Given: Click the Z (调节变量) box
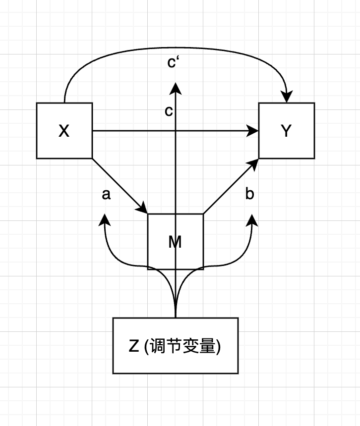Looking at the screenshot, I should tap(176, 346).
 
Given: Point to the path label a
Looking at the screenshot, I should tap(106, 195).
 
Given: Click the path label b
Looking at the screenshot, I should tap(249, 194).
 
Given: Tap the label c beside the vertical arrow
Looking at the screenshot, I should tap(169, 111).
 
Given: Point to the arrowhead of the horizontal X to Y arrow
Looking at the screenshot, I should tap(254, 131).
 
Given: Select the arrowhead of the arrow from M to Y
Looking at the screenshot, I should tap(254, 163).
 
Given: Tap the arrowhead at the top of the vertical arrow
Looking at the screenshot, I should tap(176, 88).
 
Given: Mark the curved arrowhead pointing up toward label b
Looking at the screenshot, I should tap(252, 219).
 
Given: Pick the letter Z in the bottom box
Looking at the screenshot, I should tap(133, 346).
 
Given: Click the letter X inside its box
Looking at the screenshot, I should tap(64, 131).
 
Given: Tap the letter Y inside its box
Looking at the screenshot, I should tap(286, 131).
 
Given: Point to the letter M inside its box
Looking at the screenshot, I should tap(175, 242).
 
